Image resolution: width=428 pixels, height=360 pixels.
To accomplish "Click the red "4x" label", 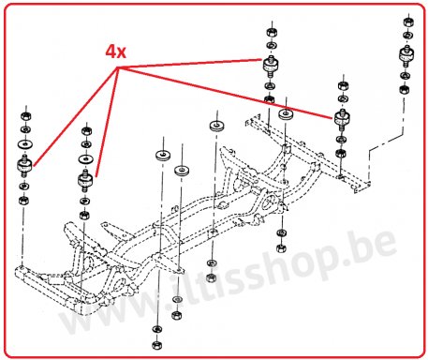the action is click(115, 52).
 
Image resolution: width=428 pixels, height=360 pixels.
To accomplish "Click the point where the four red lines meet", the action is click(118, 68).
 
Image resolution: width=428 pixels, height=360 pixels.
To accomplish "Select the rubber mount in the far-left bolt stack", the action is click(24, 166).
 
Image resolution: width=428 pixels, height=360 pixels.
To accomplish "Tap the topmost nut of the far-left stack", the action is click(25, 116).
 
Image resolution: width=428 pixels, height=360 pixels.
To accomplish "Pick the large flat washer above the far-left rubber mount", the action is click(25, 144).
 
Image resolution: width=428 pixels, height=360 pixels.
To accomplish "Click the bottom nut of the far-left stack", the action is click(23, 200).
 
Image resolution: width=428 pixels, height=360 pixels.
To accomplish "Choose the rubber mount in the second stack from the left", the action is click(85, 180).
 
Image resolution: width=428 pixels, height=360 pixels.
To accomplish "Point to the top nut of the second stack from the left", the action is click(86, 131).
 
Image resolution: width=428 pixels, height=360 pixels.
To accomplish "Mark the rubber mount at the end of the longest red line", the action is click(342, 118).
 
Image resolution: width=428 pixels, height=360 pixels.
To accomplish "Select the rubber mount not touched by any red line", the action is click(406, 55).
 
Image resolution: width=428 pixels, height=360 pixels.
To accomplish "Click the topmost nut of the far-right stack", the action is click(408, 22).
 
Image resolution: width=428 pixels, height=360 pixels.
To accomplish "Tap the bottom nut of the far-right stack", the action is click(405, 90).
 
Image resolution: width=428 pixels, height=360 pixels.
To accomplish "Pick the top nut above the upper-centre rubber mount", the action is click(272, 32).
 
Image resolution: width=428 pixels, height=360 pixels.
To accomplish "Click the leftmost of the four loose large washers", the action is click(163, 155).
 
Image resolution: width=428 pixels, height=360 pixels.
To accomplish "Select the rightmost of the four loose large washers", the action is click(286, 114).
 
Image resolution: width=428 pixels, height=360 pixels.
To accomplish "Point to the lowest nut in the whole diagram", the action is click(157, 345).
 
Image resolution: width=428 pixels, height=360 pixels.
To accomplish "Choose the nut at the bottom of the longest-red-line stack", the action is click(340, 153).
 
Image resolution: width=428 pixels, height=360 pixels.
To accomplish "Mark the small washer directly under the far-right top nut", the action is click(407, 35).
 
